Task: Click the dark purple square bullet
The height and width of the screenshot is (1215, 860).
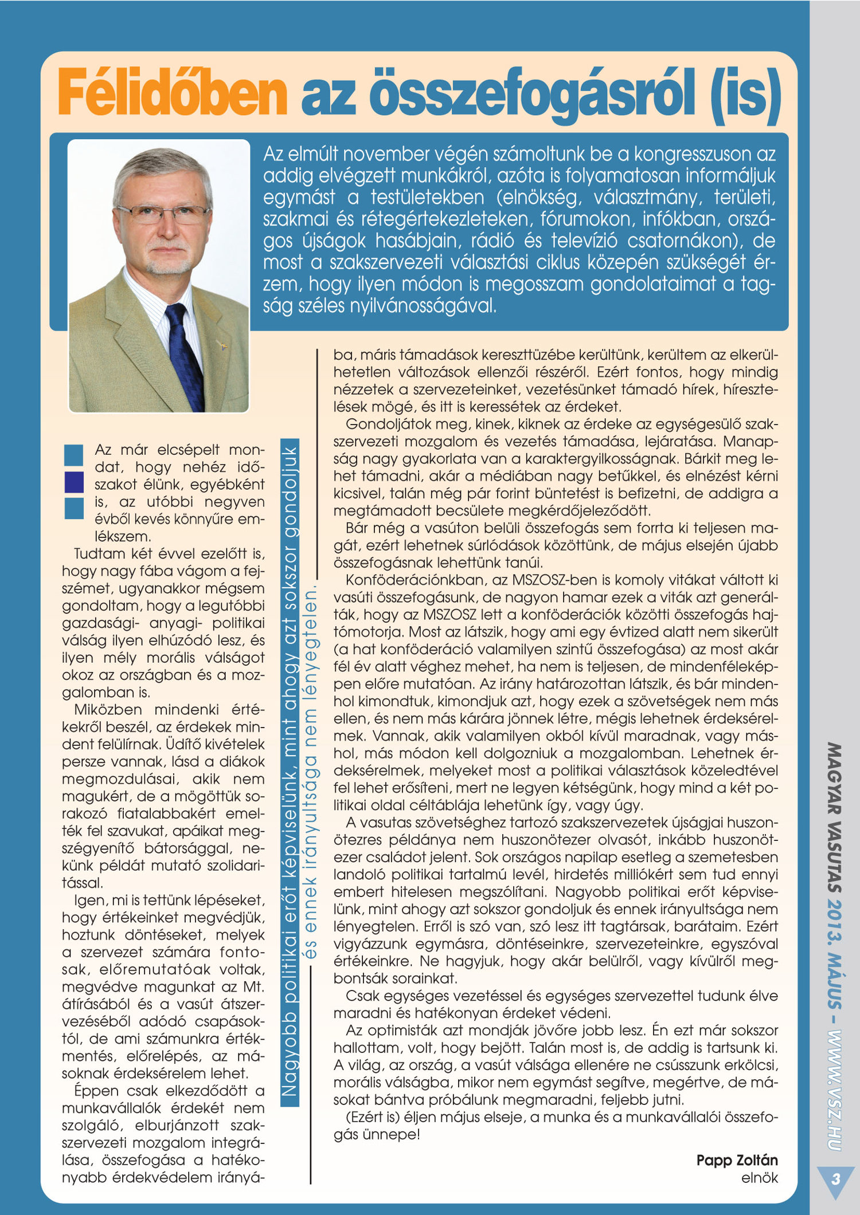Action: [74, 482]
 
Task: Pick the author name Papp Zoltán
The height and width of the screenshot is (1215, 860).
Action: [737, 1160]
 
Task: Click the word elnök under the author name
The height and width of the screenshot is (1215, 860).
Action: [759, 1178]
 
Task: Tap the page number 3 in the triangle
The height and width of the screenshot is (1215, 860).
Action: [835, 1179]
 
